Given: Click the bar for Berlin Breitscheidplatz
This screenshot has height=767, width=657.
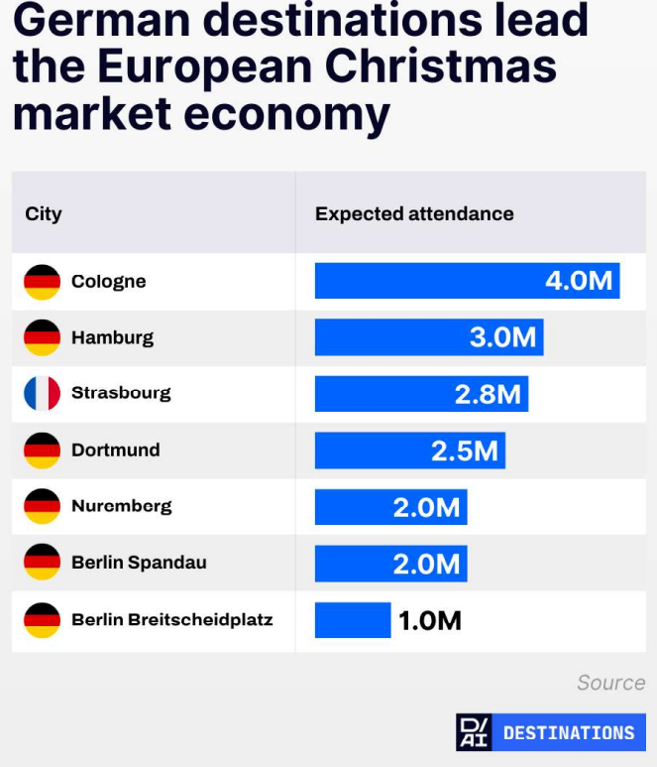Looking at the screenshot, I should click(x=353, y=620).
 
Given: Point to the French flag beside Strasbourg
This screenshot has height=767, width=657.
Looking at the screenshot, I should click(x=42, y=393).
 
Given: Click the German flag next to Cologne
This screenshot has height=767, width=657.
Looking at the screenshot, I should click(x=42, y=282).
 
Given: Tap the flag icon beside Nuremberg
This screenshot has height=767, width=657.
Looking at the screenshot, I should click(x=42, y=506).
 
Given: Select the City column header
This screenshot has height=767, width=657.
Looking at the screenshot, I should click(x=44, y=214).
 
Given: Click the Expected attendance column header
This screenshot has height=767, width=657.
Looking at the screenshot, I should click(x=414, y=214).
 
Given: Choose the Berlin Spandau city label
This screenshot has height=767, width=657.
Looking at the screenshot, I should click(x=139, y=563).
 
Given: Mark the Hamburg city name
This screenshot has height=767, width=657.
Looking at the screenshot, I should click(x=112, y=337).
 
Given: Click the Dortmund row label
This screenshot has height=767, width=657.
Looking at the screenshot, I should click(x=115, y=450).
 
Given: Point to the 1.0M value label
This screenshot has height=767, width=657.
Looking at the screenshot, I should click(x=429, y=621).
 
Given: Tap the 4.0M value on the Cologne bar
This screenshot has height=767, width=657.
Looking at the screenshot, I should click(x=579, y=281).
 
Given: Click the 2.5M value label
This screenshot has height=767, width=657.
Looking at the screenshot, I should click(x=464, y=450).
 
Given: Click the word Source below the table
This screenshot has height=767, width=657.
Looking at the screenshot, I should click(x=610, y=683).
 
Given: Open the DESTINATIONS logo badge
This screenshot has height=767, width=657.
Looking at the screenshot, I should click(x=550, y=732).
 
